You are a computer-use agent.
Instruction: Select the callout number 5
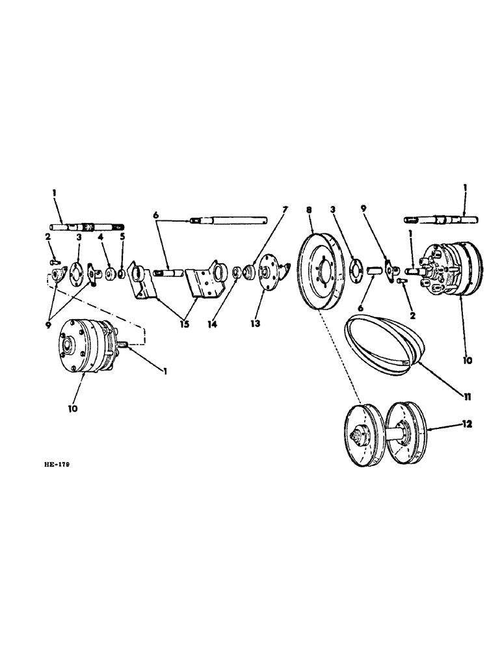pos(122,238)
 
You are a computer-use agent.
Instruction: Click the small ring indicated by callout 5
pos(122,268)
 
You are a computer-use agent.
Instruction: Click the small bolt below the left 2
pos(53,261)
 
